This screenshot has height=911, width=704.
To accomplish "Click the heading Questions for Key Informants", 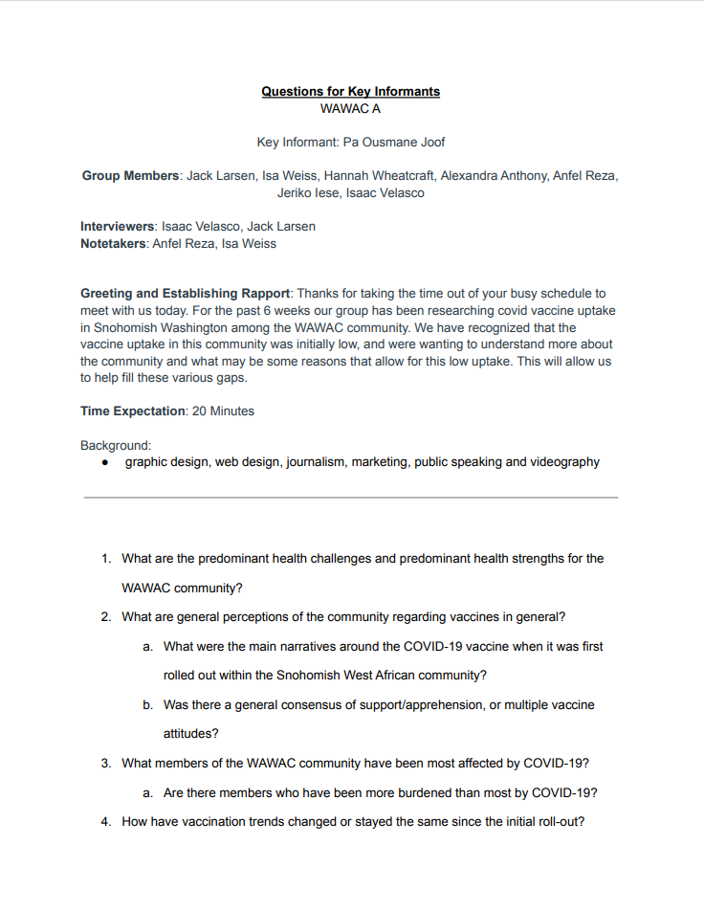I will pos(350,92).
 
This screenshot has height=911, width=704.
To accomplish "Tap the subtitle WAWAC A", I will pos(350,109).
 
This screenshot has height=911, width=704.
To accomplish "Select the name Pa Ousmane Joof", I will pos(394,143).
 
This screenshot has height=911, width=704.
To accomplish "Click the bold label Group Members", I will pos(131,176).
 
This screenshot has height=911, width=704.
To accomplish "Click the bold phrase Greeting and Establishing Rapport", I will pos(185,294).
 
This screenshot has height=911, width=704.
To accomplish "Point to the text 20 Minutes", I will pos(224,411).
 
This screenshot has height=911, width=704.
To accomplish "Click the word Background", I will pos(115,445).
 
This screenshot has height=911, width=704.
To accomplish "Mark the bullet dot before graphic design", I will pos(105,462).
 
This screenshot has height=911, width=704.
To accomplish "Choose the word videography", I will pos(565,462).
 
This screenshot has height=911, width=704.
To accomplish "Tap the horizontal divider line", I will pos(350,498).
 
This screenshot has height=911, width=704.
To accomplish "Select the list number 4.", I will pos(107,822).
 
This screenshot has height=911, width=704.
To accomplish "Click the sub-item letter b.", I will pos(148,705).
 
